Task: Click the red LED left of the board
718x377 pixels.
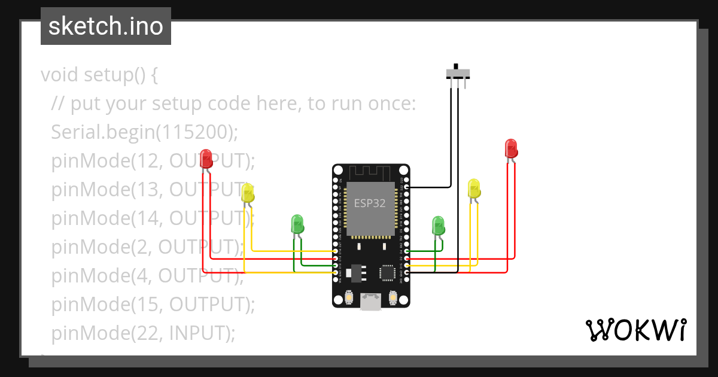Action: (x=206, y=159)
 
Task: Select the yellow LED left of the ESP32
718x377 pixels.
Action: (x=248, y=193)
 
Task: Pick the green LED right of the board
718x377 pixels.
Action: (x=439, y=226)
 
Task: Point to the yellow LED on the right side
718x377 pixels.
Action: (x=474, y=188)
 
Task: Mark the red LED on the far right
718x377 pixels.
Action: (x=510, y=148)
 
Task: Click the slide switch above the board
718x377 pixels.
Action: (x=458, y=74)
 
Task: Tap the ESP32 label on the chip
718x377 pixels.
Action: (x=370, y=203)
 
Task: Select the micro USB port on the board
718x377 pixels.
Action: (x=371, y=302)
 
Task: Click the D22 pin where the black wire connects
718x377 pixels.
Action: (x=406, y=187)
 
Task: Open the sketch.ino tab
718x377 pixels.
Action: (x=106, y=26)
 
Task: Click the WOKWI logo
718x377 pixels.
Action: (x=635, y=330)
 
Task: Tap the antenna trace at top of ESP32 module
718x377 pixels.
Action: (x=370, y=172)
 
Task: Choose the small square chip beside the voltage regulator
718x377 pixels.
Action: (x=388, y=273)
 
